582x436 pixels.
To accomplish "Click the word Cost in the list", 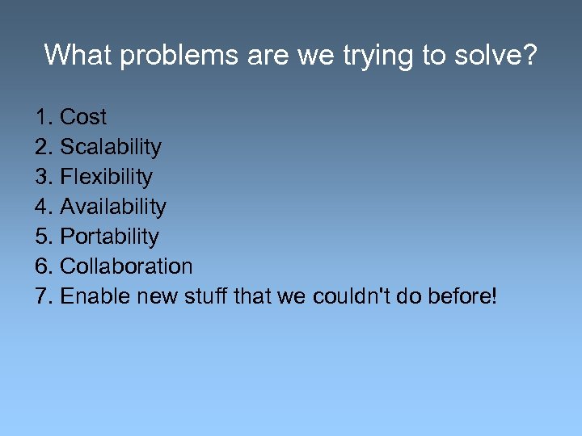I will [x=83, y=118].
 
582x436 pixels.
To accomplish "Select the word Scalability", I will [x=111, y=148].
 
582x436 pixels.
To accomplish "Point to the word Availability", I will [x=113, y=208].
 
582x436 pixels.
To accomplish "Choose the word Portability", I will [x=110, y=237].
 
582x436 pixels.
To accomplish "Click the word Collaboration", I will [x=127, y=266].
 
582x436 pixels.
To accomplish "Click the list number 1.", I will [x=43, y=118].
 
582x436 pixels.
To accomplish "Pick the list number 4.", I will [x=43, y=208].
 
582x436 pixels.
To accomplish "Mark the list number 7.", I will [x=43, y=296].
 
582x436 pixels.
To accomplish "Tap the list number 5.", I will [x=43, y=237].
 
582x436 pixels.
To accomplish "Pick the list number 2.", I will [x=43, y=148].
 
